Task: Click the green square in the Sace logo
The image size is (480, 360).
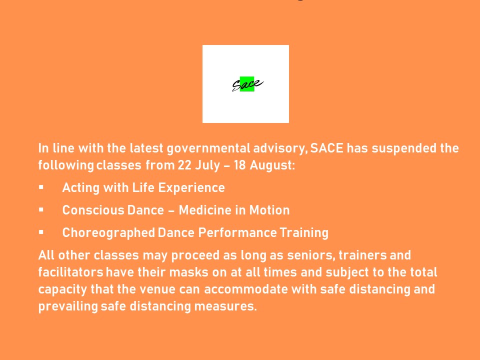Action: click(x=246, y=84)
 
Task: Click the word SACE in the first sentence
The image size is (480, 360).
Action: click(x=326, y=148)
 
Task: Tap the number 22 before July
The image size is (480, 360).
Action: click(x=184, y=165)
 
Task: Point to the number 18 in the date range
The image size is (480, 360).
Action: click(x=239, y=165)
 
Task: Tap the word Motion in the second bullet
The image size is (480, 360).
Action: click(x=269, y=210)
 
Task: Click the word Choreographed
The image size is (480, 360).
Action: click(x=108, y=233)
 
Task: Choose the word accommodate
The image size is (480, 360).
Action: click(x=246, y=289)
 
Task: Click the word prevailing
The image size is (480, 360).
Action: click(x=68, y=306)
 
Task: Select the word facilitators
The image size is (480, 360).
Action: click(x=70, y=272)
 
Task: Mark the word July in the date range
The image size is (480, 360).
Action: click(x=207, y=165)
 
